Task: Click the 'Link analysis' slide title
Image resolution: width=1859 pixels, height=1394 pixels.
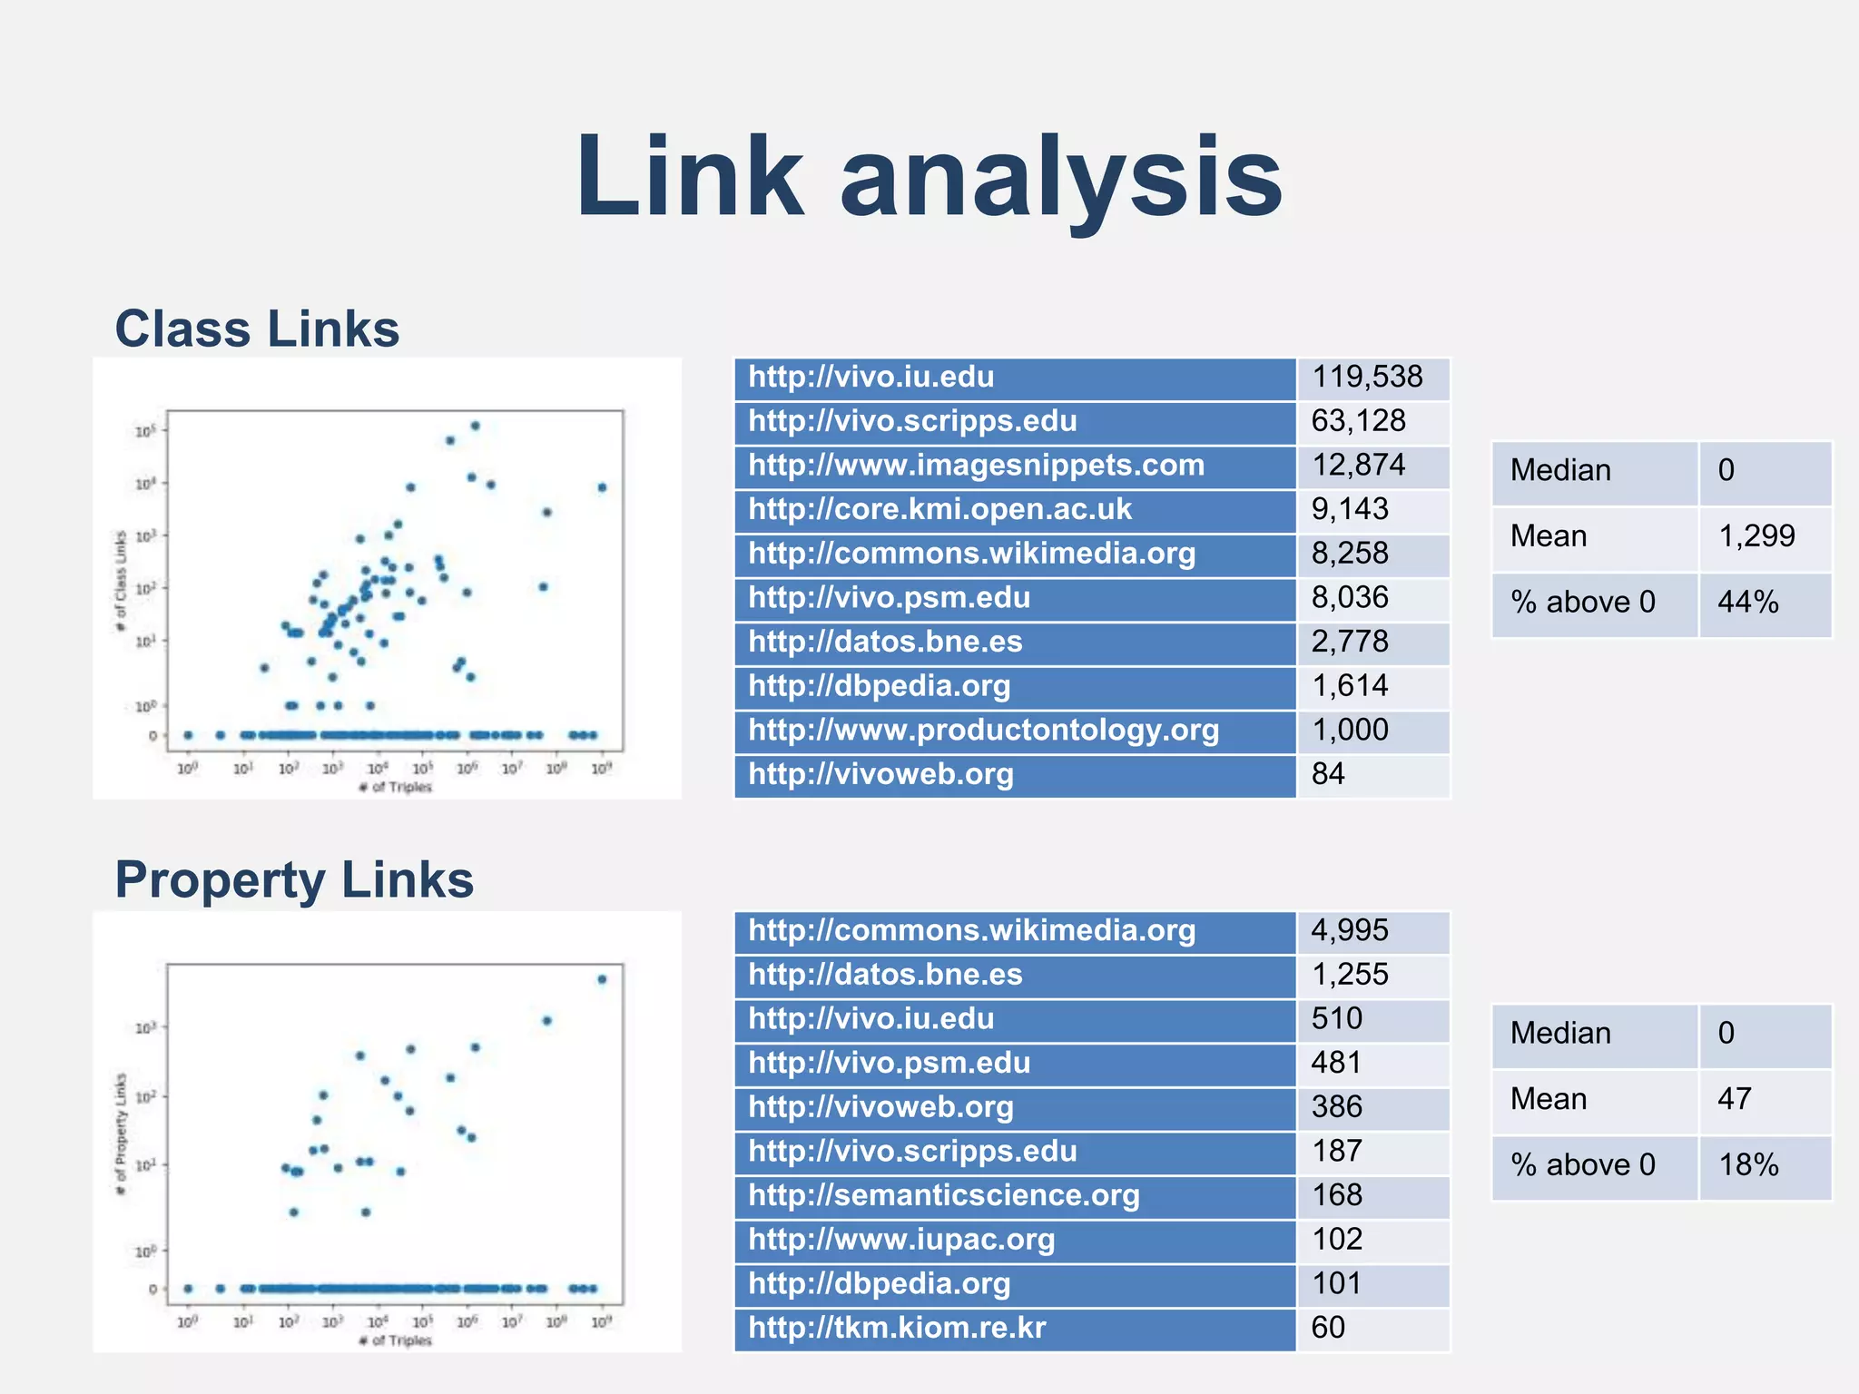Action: (929, 177)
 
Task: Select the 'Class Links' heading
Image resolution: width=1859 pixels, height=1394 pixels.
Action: (257, 329)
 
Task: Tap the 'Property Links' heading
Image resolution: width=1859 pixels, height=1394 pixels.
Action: (294, 879)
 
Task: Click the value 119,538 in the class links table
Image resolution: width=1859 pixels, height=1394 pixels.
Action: (1367, 377)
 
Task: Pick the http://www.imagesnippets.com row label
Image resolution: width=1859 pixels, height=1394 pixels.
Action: (976, 466)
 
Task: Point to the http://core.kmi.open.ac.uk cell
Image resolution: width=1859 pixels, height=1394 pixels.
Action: (939, 509)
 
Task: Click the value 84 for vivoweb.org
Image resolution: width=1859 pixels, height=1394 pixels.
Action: (1328, 774)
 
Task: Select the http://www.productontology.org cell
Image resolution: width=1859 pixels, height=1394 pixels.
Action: (983, 731)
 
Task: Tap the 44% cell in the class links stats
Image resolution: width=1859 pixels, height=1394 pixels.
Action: (1747, 603)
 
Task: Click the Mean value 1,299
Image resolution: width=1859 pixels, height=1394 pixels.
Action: (1756, 536)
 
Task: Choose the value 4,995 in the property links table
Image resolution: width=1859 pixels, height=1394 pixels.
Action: (1350, 930)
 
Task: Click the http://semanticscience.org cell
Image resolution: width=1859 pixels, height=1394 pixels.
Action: (943, 1195)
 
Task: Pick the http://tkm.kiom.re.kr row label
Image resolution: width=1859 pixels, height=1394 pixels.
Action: (897, 1328)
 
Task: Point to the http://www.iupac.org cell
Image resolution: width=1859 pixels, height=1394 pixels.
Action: (901, 1240)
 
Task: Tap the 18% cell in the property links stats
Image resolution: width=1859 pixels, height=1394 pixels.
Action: (1747, 1165)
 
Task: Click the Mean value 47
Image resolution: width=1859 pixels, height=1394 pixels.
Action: (1734, 1099)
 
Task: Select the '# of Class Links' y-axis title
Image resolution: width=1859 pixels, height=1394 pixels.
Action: (121, 582)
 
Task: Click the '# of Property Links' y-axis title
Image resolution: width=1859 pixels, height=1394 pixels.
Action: (121, 1134)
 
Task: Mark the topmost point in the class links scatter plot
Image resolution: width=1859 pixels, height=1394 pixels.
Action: (475, 426)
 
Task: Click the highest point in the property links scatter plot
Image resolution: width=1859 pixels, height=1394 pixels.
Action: (602, 979)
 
